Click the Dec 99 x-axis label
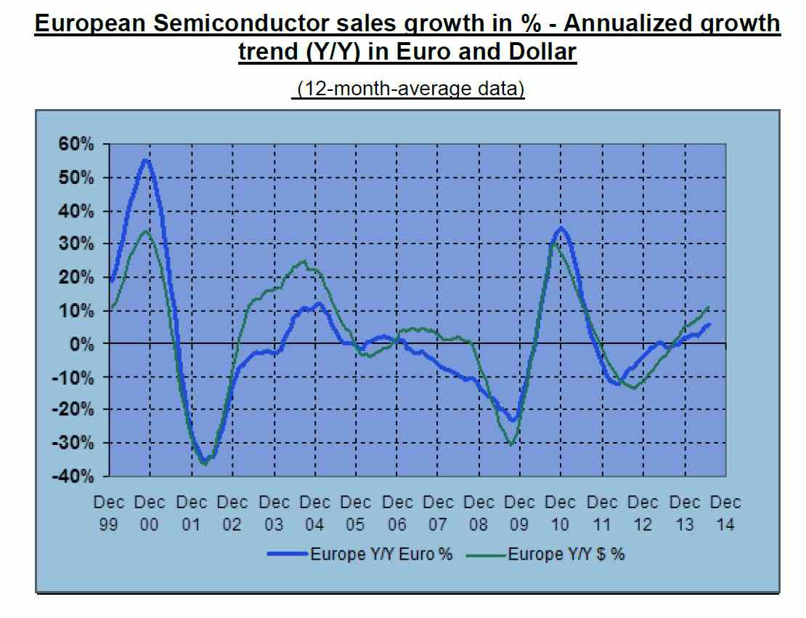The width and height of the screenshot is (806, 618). click(x=109, y=513)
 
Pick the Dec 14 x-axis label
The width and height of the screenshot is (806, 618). click(x=725, y=513)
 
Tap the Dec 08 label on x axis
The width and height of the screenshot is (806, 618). click(x=479, y=513)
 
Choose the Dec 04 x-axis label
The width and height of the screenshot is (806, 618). click(x=314, y=513)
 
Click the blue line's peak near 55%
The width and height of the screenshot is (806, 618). click(x=145, y=160)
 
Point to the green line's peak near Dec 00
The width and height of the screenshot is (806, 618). click(x=145, y=231)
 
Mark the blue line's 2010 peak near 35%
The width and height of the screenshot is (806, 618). click(x=561, y=228)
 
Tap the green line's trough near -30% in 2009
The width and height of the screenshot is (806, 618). click(x=512, y=444)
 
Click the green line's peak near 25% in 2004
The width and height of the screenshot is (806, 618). click(x=304, y=261)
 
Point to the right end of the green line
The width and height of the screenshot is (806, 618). click(x=709, y=307)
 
